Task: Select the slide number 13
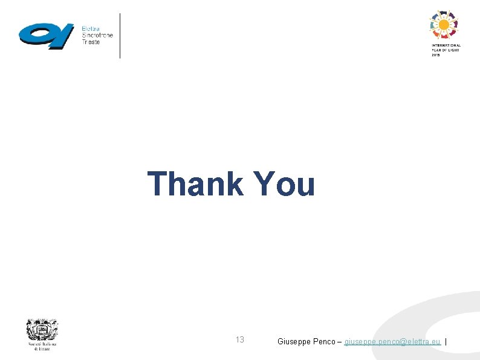[240, 340]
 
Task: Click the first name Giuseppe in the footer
[294, 341]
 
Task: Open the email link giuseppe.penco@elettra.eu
[392, 341]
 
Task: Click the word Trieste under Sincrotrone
[92, 42]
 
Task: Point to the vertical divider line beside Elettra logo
[120, 36]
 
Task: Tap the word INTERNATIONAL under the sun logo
[446, 45]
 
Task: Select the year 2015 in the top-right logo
[436, 54]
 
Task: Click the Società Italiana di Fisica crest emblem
[42, 330]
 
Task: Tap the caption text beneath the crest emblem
[42, 347]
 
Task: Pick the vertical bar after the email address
[446, 341]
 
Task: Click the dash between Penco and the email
[340, 341]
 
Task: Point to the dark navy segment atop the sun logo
[444, 13]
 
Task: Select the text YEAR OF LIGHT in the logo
[446, 50]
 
